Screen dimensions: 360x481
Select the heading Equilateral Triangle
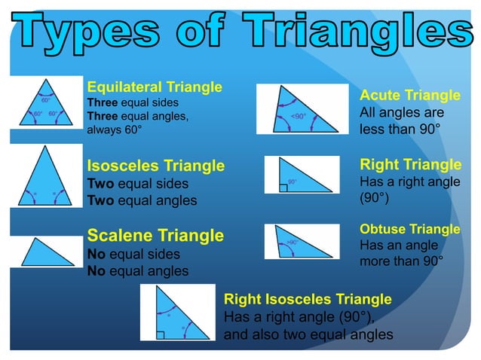[x=155, y=87]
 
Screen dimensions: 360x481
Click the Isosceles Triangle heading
[x=156, y=165]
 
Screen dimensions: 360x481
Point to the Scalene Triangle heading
[x=155, y=236]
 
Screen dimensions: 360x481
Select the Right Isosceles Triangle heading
[x=308, y=299]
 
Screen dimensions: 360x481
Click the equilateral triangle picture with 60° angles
[x=45, y=111]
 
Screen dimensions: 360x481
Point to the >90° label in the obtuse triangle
[x=293, y=243]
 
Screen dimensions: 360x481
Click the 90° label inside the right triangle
[x=292, y=182]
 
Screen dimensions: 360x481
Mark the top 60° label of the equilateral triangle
[x=45, y=99]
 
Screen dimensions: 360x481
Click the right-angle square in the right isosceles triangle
[x=161, y=331]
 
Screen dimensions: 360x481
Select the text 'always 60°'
[x=114, y=130]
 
